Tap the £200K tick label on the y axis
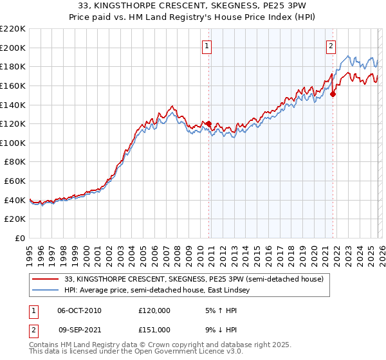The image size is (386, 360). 13,48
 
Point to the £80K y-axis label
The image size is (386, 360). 15,162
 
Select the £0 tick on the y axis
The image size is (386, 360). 21,239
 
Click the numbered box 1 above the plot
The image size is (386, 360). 207,46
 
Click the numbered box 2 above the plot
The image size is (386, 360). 331,46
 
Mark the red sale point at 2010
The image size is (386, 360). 208,123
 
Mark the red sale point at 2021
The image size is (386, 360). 333,94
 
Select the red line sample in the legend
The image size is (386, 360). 45,279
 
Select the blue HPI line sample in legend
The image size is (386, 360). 45,291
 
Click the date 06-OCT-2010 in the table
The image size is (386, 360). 79,310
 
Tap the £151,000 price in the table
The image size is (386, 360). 154,329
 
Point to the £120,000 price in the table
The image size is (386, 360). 154,310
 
